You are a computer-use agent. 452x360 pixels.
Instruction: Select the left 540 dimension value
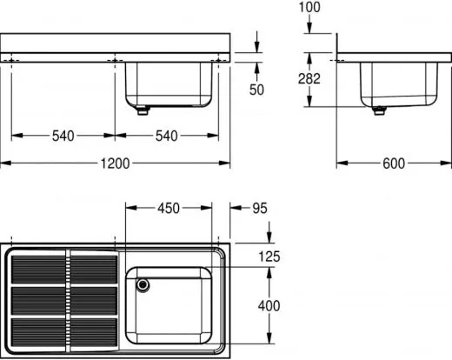pyautogui.click(x=63, y=135)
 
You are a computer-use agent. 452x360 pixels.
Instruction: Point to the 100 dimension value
pyautogui.click(x=309, y=8)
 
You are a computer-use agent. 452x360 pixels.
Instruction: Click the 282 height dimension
pyautogui.click(x=309, y=78)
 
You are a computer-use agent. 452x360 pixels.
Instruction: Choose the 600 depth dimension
pyautogui.click(x=393, y=163)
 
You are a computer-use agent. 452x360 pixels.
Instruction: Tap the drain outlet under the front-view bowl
pyautogui.click(x=143, y=110)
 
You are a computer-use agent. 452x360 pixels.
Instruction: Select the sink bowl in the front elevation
pyautogui.click(x=169, y=83)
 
